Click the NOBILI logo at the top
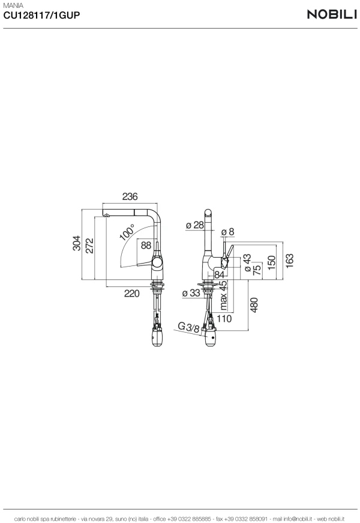pyautogui.click(x=332, y=14)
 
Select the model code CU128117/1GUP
pyautogui.click(x=41, y=15)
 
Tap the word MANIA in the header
pyautogui.click(x=13, y=5)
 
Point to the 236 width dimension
pyautogui.click(x=130, y=196)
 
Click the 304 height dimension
pyautogui.click(x=77, y=243)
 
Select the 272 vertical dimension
pyautogui.click(x=89, y=246)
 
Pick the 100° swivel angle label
pyautogui.click(x=127, y=232)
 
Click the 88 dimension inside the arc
pyautogui.click(x=146, y=245)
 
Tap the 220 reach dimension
pyautogui.click(x=131, y=294)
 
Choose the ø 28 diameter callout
pyautogui.click(x=194, y=225)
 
